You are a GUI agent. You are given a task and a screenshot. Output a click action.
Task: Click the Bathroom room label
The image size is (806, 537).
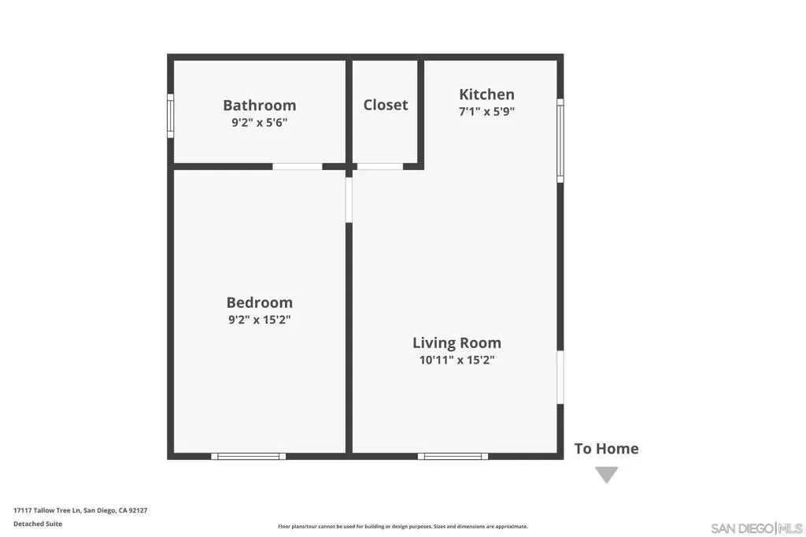[260, 105]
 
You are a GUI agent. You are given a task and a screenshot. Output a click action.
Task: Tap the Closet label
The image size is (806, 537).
[386, 105]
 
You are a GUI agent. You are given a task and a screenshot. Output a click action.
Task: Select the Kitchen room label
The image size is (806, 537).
[486, 94]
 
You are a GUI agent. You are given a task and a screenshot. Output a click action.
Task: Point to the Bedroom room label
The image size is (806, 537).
[260, 302]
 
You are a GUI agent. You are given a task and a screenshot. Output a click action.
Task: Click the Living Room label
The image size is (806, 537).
[457, 343]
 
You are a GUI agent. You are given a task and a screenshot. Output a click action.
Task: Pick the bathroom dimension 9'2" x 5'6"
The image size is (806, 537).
[260, 122]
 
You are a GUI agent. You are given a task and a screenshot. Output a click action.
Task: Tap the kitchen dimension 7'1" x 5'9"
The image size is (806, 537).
[486, 111]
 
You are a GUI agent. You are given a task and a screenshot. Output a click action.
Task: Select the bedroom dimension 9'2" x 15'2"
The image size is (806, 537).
[260, 320]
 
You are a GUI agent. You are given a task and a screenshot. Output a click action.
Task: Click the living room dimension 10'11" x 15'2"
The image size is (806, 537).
[457, 360]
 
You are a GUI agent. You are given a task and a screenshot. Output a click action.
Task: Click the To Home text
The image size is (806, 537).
[607, 449]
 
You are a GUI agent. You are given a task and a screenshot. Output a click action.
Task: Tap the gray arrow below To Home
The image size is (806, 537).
[607, 474]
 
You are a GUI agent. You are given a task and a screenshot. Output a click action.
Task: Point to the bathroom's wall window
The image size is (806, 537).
[170, 116]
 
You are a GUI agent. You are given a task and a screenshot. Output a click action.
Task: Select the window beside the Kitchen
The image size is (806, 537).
[560, 140]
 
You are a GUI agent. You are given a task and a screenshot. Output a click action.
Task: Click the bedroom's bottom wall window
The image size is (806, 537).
[248, 456]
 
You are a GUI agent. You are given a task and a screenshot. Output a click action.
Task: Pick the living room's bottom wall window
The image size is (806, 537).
[453, 456]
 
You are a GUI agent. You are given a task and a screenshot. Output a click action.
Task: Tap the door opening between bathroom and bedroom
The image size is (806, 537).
[297, 166]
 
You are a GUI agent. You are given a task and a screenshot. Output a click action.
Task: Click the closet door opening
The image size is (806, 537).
[380, 166]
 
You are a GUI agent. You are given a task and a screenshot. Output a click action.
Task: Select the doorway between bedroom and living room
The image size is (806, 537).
[349, 200]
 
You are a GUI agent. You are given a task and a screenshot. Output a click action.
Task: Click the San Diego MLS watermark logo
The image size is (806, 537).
[756, 528]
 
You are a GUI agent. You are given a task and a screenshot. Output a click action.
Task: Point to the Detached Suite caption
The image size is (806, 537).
[38, 524]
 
